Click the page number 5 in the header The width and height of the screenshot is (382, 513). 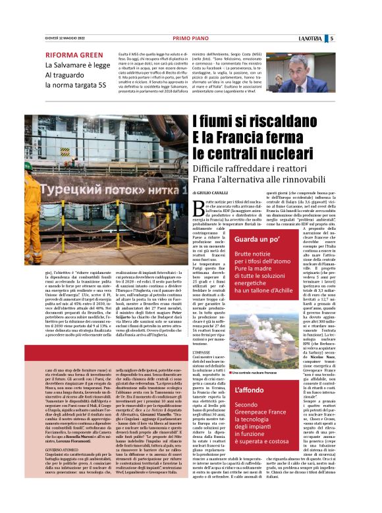[x=369, y=38]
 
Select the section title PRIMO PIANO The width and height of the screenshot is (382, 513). [x=190, y=38]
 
